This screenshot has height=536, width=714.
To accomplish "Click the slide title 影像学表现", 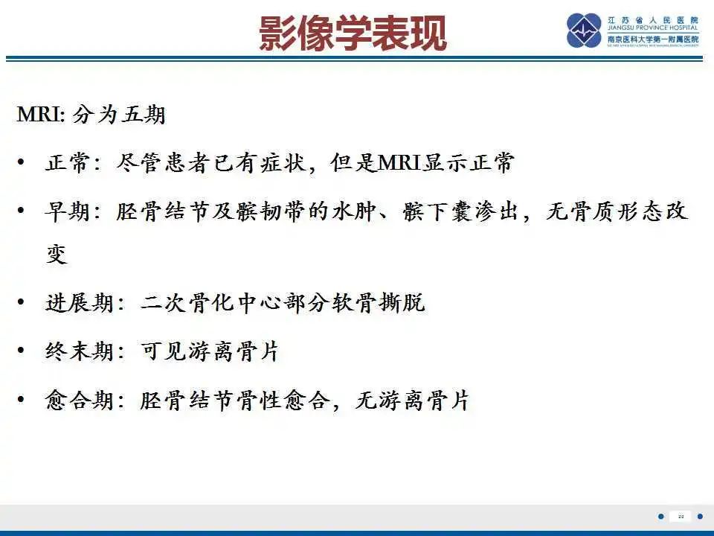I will [353, 33].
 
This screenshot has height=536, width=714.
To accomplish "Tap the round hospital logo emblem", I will [584, 31].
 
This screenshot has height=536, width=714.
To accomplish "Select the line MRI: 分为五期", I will [91, 115].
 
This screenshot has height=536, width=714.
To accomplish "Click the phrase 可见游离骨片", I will [210, 351].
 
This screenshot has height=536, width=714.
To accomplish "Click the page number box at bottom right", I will [681, 516].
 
